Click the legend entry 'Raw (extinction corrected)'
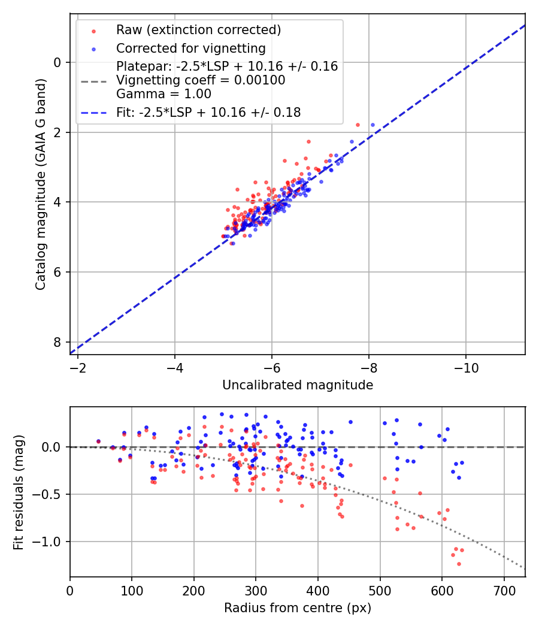coord(198,30)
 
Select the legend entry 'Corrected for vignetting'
coord(190,48)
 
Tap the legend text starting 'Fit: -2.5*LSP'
coord(208,112)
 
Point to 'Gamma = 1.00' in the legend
coord(163,93)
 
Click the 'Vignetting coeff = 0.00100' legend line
coord(201,80)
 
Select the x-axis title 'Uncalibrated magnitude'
coord(298,385)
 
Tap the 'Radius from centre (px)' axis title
coord(298,608)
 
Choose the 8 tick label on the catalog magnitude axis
coord(57,342)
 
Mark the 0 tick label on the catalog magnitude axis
coord(57,62)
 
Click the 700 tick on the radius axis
coord(504,590)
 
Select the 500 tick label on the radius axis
coord(380,590)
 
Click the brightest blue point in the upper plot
coord(373,125)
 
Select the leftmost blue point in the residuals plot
coord(98,441)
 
